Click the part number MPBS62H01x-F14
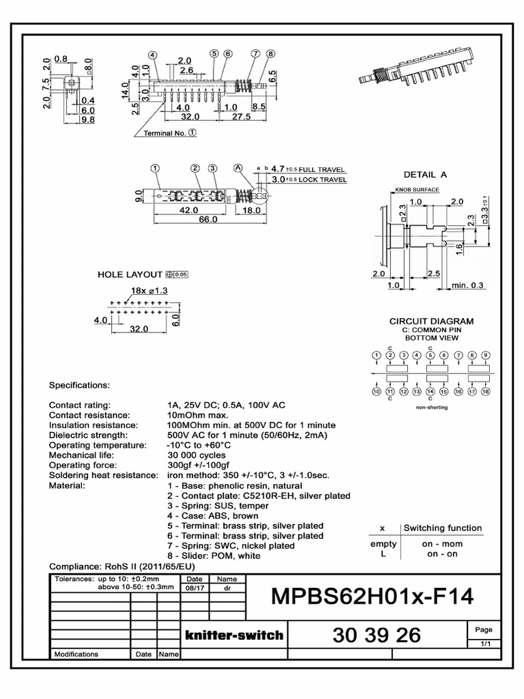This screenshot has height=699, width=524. point(372,597)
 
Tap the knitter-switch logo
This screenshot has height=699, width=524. point(234,635)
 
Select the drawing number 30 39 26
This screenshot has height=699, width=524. point(377,636)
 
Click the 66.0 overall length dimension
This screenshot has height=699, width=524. point(207,220)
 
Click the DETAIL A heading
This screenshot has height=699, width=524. point(425,174)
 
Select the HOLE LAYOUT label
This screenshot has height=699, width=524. point(130,274)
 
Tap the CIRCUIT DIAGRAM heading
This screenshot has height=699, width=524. point(431,321)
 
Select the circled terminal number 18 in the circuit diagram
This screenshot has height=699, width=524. point(486,392)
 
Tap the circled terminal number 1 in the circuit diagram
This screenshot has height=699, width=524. point(376,355)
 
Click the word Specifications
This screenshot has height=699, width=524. point(79,385)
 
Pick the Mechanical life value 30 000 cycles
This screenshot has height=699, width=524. point(196,455)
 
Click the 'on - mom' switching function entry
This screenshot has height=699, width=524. point(442,544)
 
